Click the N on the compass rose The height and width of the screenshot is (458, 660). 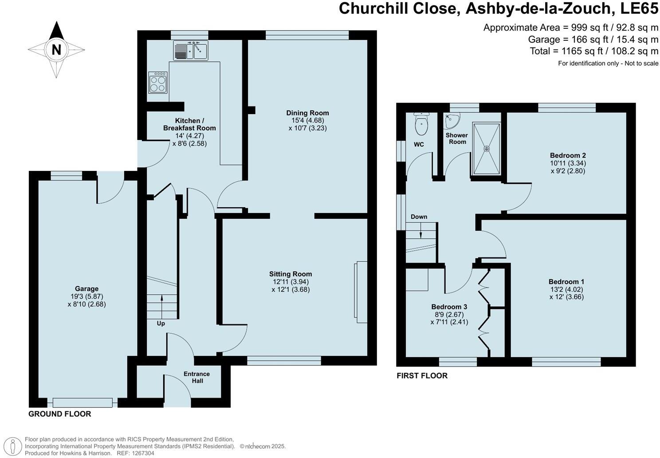click(x=56, y=49)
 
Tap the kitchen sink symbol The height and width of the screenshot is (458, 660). click(x=191, y=50)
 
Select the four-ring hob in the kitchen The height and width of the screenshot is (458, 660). click(x=157, y=83)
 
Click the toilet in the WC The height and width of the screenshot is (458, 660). click(x=421, y=124)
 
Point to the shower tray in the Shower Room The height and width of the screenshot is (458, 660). click(x=487, y=149)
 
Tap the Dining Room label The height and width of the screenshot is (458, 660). click(x=307, y=113)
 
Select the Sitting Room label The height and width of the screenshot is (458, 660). click(x=291, y=274)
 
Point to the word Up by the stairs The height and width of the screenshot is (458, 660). click(x=161, y=324)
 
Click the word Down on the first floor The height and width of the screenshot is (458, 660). click(x=419, y=217)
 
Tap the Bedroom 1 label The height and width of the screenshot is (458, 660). click(x=566, y=281)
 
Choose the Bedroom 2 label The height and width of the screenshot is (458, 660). click(x=568, y=155)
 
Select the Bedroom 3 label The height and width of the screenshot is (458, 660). click(x=449, y=307)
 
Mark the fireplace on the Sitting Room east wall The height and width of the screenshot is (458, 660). click(x=361, y=292)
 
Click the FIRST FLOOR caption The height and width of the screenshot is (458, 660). click(x=422, y=375)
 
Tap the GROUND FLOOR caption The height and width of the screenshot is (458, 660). click(x=59, y=414)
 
